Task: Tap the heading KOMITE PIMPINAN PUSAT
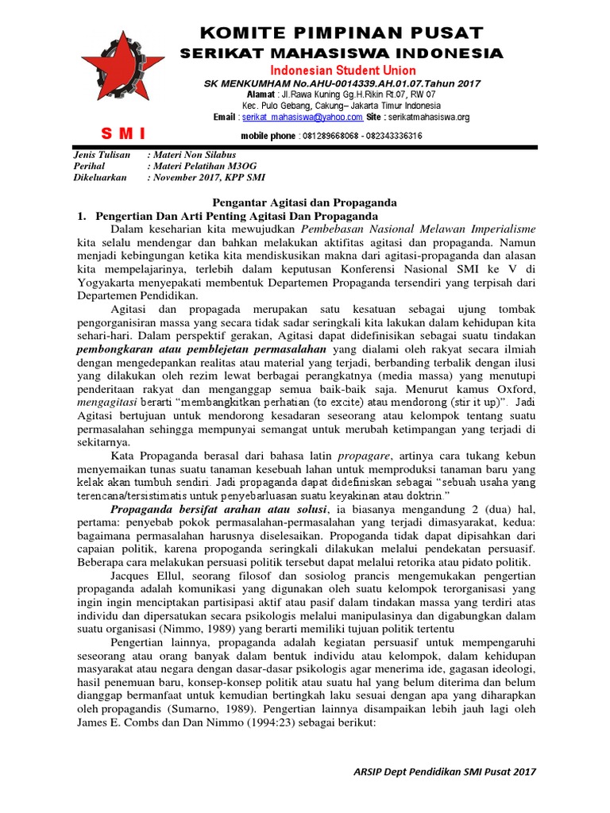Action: pyautogui.click(x=342, y=33)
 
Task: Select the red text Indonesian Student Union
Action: pyautogui.click(x=342, y=70)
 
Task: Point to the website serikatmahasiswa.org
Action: pyautogui.click(x=430, y=117)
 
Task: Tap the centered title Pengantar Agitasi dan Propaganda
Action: pyautogui.click(x=304, y=202)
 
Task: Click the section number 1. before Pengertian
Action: pyautogui.click(x=79, y=216)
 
